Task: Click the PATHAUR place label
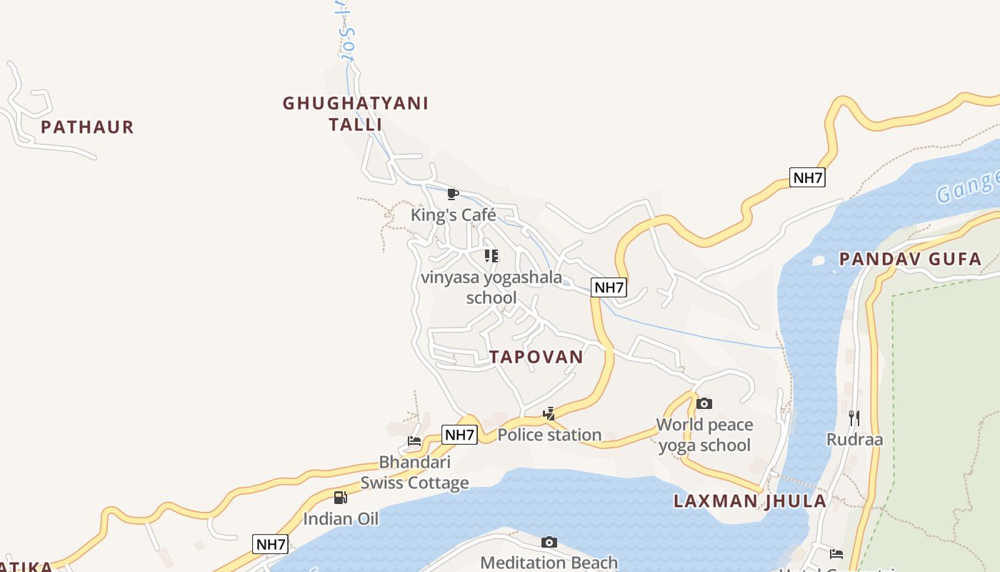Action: (87, 127)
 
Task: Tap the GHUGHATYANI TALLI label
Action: (356, 114)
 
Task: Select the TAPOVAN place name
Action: (536, 357)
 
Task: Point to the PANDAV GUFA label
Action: (911, 259)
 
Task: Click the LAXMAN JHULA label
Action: (750, 500)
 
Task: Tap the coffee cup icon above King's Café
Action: (452, 194)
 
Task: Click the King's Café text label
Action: (453, 214)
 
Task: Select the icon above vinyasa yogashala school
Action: (491, 255)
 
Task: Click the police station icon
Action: (549, 413)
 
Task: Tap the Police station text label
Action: (549, 435)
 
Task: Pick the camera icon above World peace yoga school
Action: (704, 403)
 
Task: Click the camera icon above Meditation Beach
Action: (549, 542)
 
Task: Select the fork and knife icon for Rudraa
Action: (854, 418)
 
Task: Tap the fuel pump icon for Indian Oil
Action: (341, 497)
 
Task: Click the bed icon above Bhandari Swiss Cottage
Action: (414, 440)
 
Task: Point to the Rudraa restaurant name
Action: (854, 439)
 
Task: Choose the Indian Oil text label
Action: (341, 518)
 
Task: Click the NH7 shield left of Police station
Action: (459, 434)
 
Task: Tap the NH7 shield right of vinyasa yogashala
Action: (609, 287)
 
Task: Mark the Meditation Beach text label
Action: (549, 563)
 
